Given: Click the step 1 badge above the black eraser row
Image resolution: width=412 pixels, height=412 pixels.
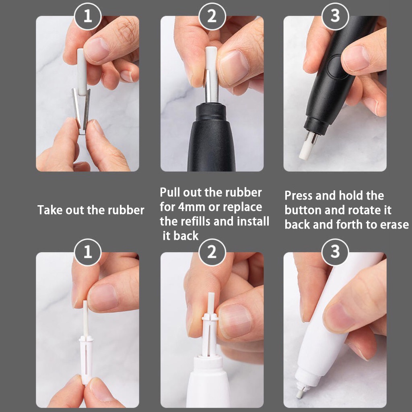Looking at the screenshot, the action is [x=87, y=16].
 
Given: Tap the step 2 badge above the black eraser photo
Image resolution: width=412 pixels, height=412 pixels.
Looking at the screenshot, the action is [x=212, y=16].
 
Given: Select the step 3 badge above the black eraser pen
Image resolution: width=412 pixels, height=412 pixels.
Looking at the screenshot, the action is [x=335, y=16].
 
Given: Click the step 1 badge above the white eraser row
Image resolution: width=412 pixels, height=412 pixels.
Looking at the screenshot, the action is [x=87, y=252].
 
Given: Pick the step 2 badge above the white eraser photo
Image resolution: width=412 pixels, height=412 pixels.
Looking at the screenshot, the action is [x=212, y=252].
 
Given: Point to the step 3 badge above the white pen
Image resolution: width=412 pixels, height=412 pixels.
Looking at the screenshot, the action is [x=335, y=252].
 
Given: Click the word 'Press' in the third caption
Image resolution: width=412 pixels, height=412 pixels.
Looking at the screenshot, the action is [x=299, y=196].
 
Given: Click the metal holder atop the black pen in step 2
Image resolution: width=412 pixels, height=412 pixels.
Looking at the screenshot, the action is [x=212, y=87].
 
